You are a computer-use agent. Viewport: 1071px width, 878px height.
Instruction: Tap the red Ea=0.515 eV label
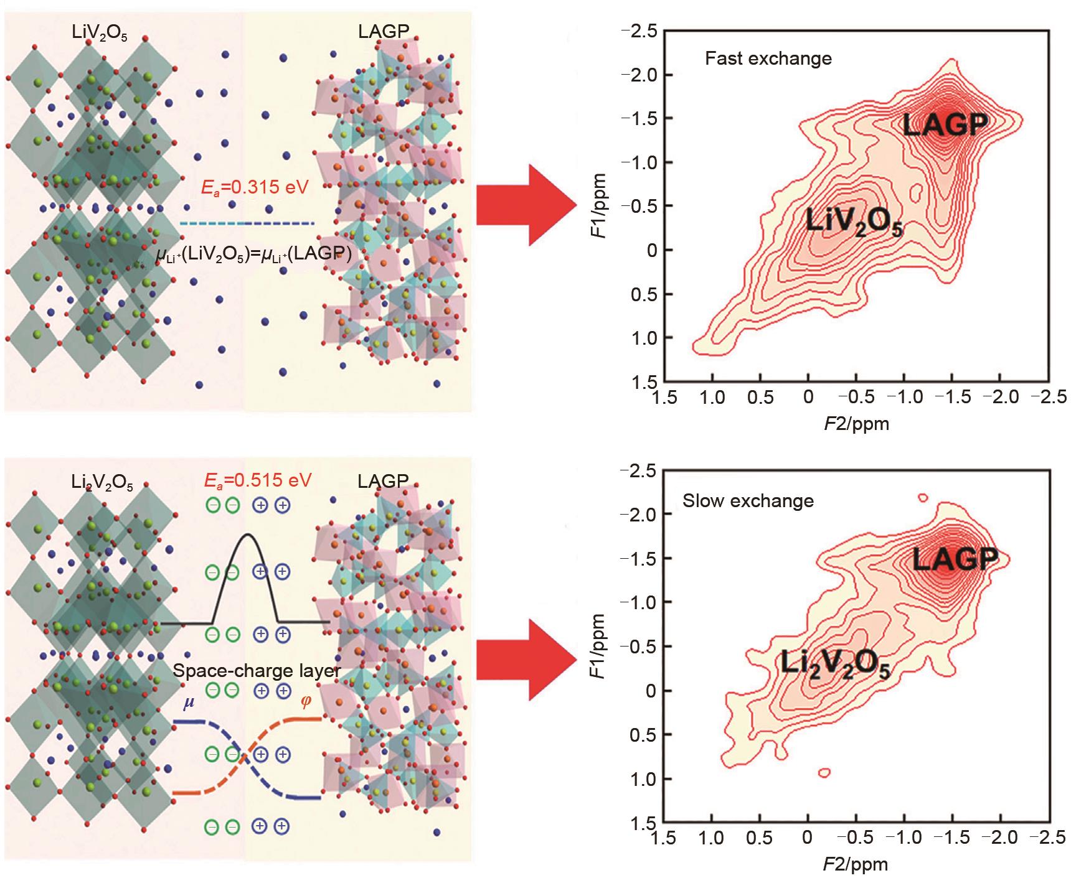click(258, 480)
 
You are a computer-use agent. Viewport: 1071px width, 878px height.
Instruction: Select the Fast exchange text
click(768, 58)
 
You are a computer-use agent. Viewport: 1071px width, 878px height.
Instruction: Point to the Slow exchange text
click(748, 501)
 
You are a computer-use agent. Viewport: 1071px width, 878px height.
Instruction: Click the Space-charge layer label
click(257, 671)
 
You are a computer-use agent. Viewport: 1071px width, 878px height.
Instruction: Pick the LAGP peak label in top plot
click(945, 125)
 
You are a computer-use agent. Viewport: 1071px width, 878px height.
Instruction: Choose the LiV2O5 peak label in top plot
click(854, 222)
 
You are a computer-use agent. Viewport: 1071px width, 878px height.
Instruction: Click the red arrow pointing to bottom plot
click(526, 660)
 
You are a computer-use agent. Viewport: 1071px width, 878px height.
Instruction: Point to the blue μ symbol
click(187, 704)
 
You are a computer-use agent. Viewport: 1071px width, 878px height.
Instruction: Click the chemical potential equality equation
click(254, 253)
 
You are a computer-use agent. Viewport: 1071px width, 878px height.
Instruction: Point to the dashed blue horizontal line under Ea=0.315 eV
click(247, 223)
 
